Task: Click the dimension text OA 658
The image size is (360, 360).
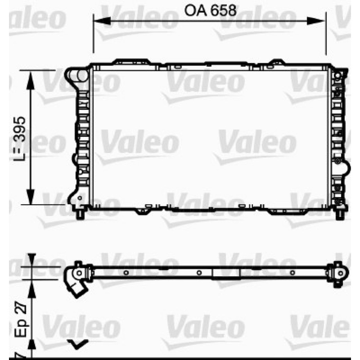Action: (210, 10)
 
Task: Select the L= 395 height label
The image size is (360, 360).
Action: (19, 139)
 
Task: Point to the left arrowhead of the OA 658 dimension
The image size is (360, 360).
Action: (102, 21)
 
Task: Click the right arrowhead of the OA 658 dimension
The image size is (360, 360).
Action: (316, 21)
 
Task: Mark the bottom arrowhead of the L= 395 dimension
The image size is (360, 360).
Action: (30, 197)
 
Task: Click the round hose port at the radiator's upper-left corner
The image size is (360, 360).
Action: (82, 75)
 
